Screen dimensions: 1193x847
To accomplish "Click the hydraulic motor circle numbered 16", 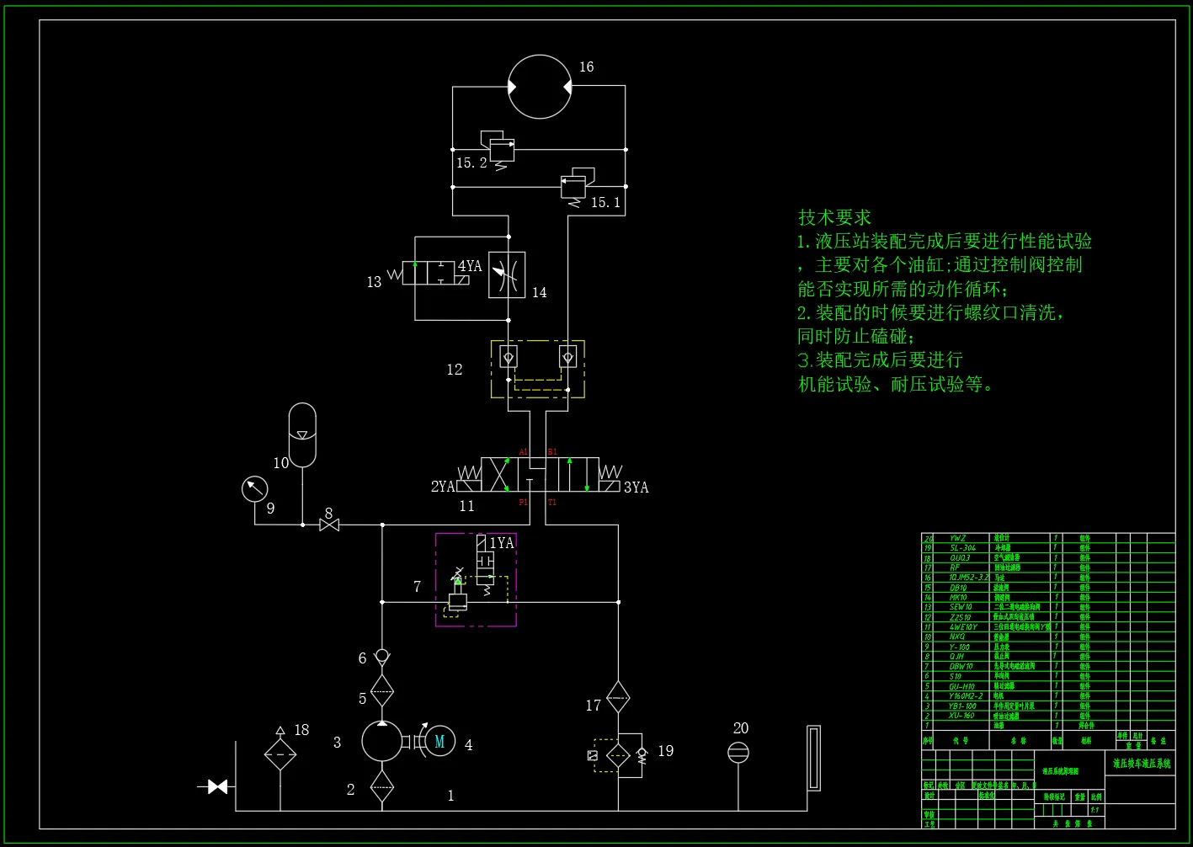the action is pos(540,87).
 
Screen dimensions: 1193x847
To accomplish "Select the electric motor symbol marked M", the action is pos(439,742).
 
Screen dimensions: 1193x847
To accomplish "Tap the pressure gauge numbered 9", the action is pos(254,489).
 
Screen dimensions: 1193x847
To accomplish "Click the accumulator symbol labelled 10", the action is pos(302,434).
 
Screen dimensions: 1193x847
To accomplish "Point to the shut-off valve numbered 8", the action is pos(329,525).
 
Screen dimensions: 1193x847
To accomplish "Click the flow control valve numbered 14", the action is pos(507,274).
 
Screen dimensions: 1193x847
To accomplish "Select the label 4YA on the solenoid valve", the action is pos(470,267).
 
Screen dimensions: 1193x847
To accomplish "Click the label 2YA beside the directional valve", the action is pos(443,487).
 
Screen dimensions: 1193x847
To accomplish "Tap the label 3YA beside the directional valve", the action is pos(636,487).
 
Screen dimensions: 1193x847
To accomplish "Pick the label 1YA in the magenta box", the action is pos(502,543).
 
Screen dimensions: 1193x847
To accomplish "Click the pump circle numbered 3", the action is pos(382,741).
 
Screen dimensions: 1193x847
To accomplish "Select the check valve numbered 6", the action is pos(382,656).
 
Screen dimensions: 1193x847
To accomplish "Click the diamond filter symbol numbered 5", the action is pos(382,690).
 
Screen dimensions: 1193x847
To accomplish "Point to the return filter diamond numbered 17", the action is pos(618,697).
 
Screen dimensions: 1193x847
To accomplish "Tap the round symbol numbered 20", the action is pos(738,753).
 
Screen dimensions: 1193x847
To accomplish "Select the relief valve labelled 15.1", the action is pos(574,184).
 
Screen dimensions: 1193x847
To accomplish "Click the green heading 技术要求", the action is pos(834,217).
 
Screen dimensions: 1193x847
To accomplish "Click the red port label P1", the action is pos(523,503).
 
